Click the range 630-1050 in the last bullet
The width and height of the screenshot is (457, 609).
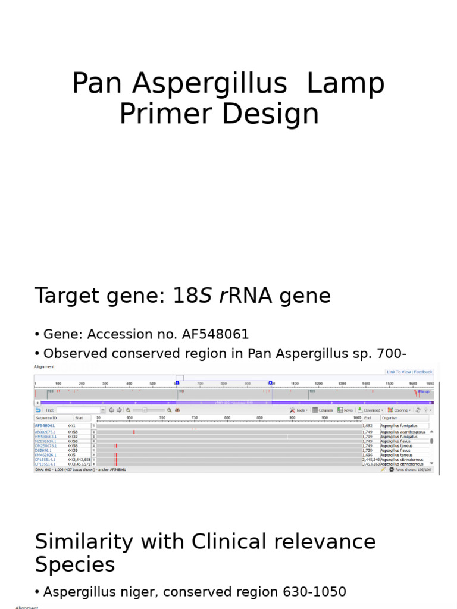(312, 592)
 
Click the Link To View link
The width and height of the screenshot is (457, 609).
(398, 372)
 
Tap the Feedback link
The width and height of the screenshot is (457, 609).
(423, 372)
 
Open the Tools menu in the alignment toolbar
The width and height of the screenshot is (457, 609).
(299, 410)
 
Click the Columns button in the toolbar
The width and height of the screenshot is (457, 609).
(323, 410)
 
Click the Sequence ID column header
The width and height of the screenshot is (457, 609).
(46, 418)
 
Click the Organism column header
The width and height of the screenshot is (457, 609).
(390, 418)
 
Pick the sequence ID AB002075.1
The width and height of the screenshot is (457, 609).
(45, 432)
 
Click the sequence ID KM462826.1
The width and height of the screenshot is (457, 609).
(45, 454)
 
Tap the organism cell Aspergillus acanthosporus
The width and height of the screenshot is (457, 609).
(403, 432)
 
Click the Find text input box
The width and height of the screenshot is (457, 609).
(80, 410)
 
